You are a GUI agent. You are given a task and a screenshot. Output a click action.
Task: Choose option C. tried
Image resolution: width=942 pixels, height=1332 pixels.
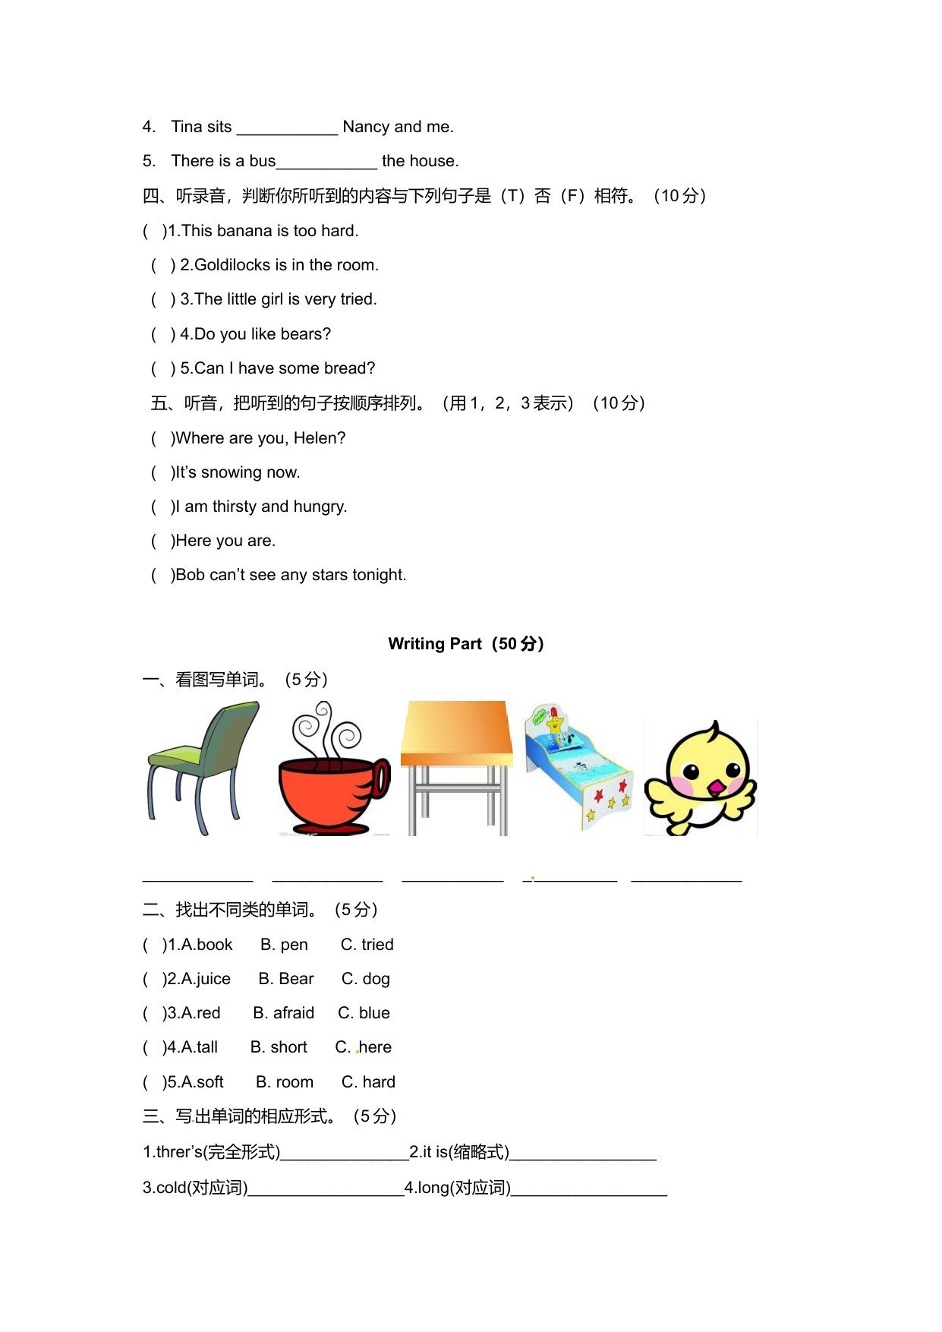coord(367,945)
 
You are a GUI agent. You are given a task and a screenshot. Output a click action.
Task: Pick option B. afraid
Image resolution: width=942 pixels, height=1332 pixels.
coord(283,1013)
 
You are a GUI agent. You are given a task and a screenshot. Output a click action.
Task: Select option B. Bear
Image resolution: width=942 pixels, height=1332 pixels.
coord(285,979)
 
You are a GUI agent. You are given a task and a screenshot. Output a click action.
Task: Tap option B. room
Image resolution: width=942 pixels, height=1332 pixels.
coord(284,1082)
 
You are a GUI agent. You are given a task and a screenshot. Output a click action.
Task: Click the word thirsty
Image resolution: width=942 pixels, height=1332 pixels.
coord(235,507)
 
